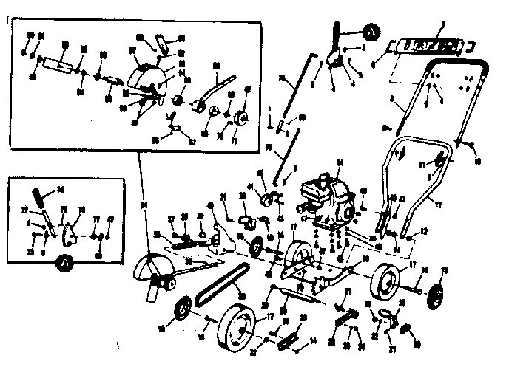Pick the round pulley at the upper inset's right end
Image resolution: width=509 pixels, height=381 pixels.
(x=242, y=117)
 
